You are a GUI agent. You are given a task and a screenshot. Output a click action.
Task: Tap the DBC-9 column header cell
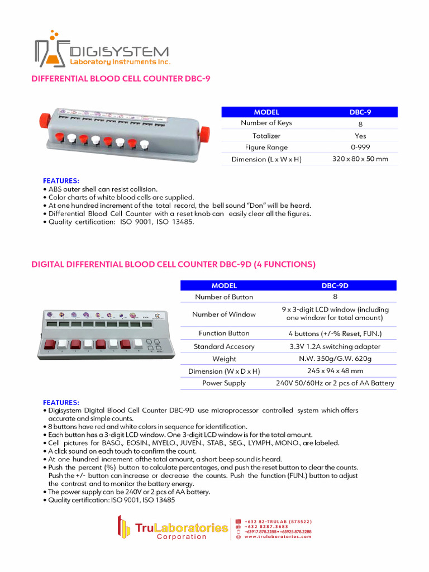[x=360, y=112]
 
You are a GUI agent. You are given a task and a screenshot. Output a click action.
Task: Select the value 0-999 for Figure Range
[x=360, y=147]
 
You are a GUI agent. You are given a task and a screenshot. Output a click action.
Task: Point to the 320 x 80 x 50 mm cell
[x=360, y=159]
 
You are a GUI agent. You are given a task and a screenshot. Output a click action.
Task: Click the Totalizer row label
[x=266, y=136]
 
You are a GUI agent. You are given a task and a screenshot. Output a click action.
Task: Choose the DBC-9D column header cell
[x=335, y=285]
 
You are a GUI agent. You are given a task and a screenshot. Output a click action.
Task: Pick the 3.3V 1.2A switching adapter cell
[x=335, y=346]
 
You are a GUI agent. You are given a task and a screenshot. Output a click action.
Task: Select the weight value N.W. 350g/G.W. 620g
[x=335, y=359]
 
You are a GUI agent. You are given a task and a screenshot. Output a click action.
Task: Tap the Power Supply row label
[x=224, y=383]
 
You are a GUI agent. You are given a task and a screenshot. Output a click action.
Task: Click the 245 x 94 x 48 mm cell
[x=335, y=371]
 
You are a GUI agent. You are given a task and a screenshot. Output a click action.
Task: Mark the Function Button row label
[x=224, y=333]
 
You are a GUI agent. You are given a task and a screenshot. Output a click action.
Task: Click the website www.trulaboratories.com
[x=278, y=537]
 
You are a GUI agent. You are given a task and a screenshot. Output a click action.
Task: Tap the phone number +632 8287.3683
[x=266, y=526]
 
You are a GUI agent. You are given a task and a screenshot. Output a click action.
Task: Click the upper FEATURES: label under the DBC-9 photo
[x=61, y=181]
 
